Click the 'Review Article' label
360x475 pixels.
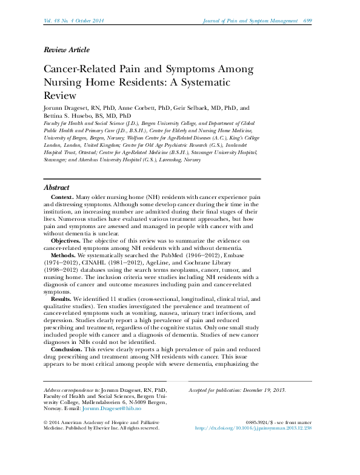[67, 50]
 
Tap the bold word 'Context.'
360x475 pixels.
[62, 198]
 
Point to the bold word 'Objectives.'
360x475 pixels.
[68, 241]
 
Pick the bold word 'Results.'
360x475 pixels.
[61, 300]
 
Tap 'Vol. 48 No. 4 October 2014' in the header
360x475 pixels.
[74, 21]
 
